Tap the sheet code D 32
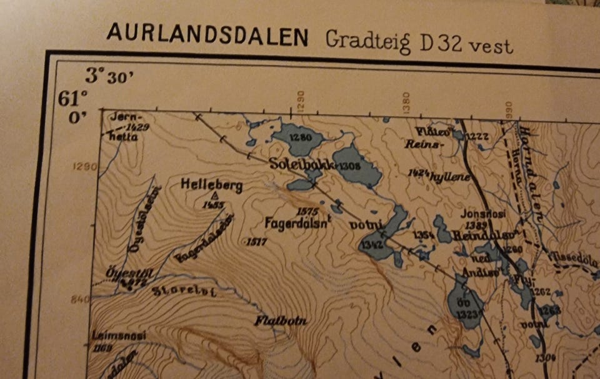tap(444, 44)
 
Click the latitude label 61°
tap(72, 99)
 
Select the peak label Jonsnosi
tap(482, 215)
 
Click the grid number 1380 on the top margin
tap(406, 99)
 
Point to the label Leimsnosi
tap(118, 335)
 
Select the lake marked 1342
tap(377, 241)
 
